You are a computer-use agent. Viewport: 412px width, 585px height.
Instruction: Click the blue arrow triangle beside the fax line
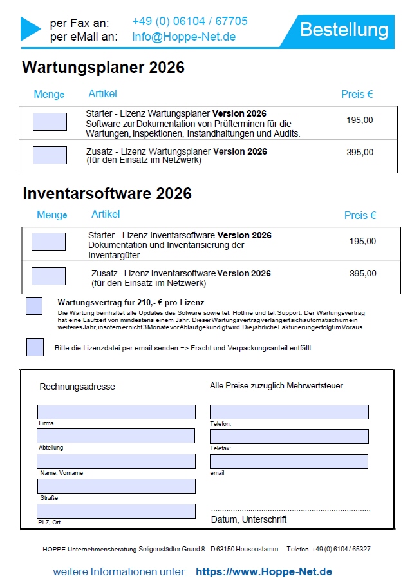coord(29,29)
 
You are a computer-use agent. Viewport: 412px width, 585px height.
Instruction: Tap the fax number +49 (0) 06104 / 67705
coord(190,21)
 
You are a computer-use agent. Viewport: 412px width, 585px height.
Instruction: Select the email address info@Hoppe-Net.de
coord(184,37)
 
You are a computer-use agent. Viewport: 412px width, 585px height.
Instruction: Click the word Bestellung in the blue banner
coord(344,30)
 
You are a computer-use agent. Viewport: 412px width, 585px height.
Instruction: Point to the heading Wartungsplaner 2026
coord(103,67)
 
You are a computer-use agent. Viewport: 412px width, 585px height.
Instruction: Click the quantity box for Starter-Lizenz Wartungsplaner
coord(50,122)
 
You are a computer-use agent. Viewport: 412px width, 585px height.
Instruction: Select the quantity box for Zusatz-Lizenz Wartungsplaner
coord(50,155)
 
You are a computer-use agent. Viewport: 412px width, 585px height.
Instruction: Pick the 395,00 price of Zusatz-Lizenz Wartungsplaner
coord(360,152)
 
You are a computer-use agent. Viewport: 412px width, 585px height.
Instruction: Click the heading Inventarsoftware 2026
coord(107,193)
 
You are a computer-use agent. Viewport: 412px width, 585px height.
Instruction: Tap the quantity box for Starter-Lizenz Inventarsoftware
coord(48,242)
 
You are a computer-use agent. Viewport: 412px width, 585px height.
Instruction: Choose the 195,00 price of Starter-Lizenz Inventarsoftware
coord(362,241)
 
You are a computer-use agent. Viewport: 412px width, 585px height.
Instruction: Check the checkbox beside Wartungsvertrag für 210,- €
coord(34,306)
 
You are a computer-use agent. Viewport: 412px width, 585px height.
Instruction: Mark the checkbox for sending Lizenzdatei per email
coord(35,347)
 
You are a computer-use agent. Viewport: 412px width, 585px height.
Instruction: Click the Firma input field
coord(116,412)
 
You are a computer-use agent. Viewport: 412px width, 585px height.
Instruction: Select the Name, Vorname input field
coord(116,461)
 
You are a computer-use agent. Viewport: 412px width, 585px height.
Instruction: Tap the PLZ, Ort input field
coord(116,511)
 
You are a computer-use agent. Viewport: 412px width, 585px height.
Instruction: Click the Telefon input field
coord(289,412)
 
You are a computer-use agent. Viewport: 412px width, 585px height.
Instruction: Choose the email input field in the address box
coord(289,461)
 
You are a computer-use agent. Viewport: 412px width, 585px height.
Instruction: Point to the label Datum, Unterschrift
coord(249,519)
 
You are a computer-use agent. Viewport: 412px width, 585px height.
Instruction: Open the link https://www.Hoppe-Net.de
coord(264,571)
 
